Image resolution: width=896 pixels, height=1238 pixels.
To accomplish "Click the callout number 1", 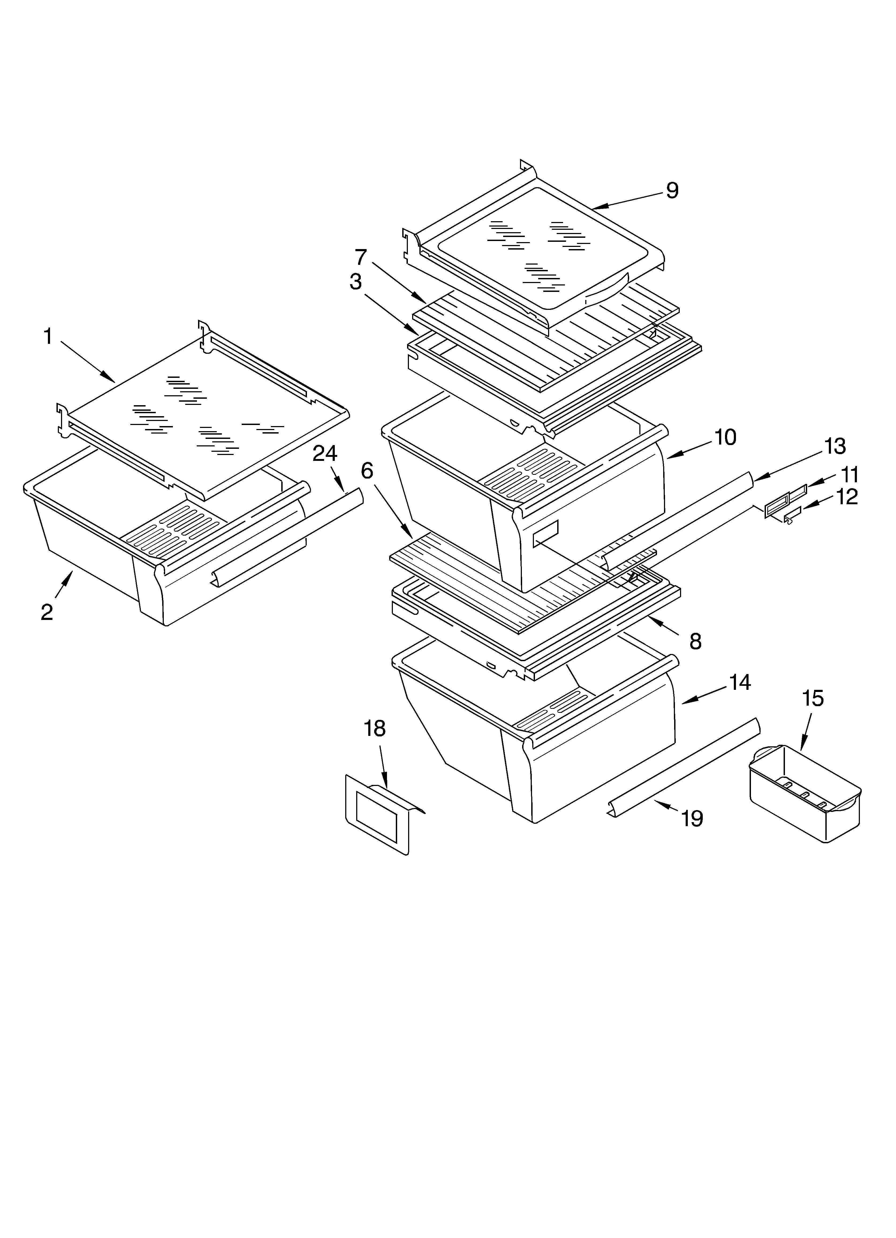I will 48,337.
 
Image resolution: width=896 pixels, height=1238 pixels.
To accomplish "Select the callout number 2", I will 47,612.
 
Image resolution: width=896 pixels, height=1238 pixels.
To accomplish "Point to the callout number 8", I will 695,642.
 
